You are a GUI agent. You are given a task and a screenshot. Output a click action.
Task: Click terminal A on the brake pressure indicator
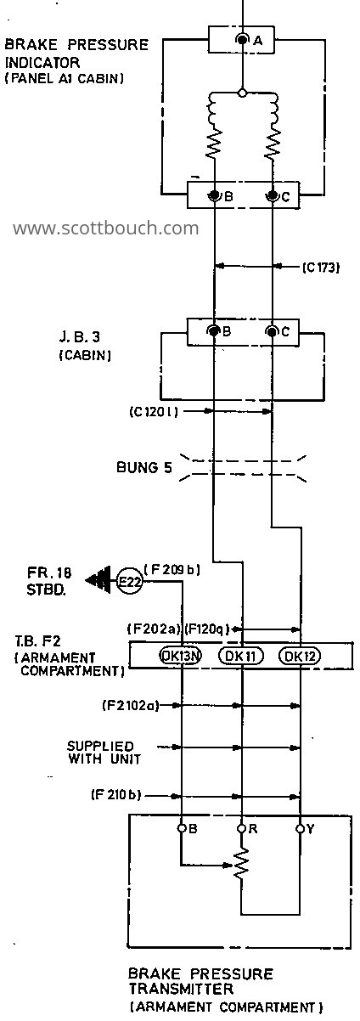tap(243, 40)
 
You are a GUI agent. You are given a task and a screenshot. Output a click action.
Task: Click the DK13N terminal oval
tap(181, 656)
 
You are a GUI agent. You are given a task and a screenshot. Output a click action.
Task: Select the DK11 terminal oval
tap(241, 656)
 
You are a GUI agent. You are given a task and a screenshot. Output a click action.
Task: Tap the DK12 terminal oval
tap(300, 656)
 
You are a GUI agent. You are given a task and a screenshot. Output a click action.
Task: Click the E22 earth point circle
tap(130, 581)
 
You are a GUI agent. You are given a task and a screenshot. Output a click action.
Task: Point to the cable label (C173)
tap(321, 267)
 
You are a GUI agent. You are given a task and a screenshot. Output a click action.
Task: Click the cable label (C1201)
tap(154, 412)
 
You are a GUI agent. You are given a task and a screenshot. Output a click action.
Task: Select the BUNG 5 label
tap(144, 467)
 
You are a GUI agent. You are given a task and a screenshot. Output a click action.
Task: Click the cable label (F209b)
tap(172, 570)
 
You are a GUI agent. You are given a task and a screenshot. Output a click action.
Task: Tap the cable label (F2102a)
tap(130, 706)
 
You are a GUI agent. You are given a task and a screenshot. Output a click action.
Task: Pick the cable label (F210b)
tap(115, 795)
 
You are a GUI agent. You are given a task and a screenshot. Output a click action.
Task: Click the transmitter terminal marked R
tap(241, 828)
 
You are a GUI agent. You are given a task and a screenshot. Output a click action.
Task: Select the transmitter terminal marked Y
tap(300, 828)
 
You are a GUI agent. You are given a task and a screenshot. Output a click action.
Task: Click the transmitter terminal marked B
tap(182, 828)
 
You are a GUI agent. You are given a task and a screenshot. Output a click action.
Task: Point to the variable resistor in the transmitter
tap(241, 863)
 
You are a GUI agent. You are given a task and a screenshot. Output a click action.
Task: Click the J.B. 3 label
tap(79, 337)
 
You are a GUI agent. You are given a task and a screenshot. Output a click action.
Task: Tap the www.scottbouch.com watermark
tap(106, 228)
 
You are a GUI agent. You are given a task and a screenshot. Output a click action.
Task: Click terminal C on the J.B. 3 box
tap(273, 331)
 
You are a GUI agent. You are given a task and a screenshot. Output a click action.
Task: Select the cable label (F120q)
tap(206, 629)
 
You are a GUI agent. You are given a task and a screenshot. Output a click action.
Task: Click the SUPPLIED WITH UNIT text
tap(104, 753)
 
